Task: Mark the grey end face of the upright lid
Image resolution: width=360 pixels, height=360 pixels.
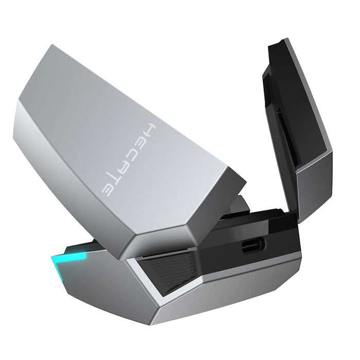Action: tap(313, 185)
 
